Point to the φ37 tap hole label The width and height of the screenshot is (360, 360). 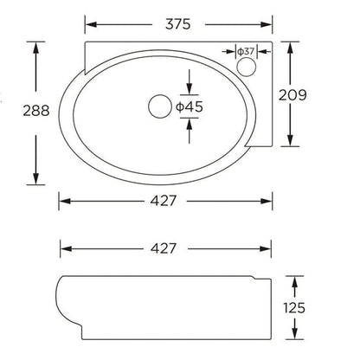coord(247,51)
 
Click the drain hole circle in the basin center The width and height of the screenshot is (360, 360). coord(159,106)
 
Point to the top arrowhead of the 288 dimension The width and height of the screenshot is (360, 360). coord(35,46)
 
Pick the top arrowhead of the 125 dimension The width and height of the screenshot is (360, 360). coord(296,281)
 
